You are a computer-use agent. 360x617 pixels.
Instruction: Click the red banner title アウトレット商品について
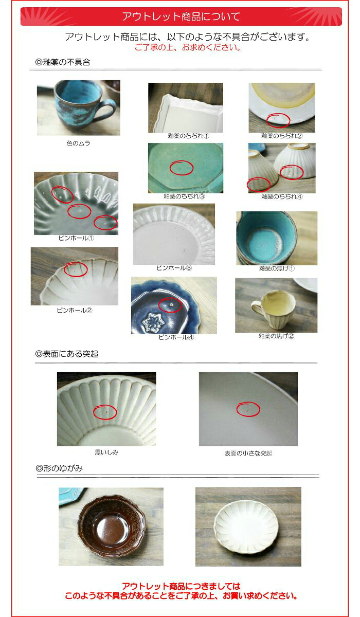coord(181,16)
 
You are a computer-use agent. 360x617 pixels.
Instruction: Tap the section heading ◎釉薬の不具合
coord(63,62)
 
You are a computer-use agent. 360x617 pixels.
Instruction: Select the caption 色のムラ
coord(78,143)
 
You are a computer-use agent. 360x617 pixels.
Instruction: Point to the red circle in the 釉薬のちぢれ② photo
coord(279,120)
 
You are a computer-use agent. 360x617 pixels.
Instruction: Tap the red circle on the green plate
coord(181,168)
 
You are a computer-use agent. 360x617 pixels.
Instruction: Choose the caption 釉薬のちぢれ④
coord(282,196)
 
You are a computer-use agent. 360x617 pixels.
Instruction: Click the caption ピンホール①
coord(76,238)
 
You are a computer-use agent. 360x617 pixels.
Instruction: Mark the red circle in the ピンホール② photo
coord(76,269)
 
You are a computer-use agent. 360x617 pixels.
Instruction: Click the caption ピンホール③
coord(174,268)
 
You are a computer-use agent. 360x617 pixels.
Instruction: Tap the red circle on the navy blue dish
coord(170,305)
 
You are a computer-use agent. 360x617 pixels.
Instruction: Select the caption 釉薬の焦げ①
coord(277,268)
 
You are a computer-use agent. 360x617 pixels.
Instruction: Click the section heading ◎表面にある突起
coord(67,354)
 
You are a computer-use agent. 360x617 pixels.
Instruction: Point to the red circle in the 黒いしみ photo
coord(105,412)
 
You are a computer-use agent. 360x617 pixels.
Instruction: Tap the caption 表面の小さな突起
coord(248,453)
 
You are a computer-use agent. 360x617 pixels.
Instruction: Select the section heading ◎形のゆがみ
coord(59,468)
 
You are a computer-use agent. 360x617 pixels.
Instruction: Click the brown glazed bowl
coord(111,525)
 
